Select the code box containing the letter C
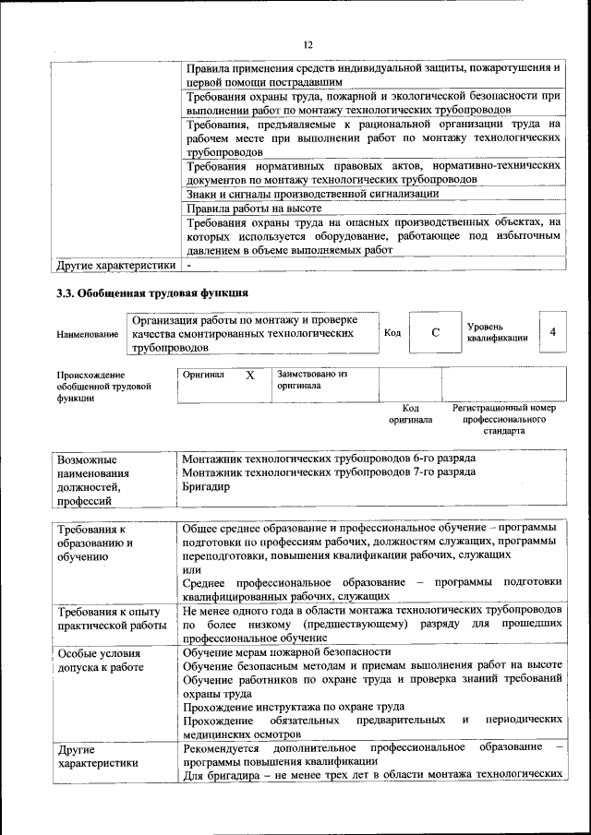coord(434,333)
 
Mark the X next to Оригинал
coord(249,376)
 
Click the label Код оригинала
coord(411,412)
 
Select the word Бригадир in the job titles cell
coord(205,485)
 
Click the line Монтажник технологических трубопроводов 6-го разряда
coord(329,458)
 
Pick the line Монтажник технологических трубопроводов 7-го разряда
coord(329,471)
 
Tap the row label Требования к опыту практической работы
coord(108,618)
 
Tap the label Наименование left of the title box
coord(87,334)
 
